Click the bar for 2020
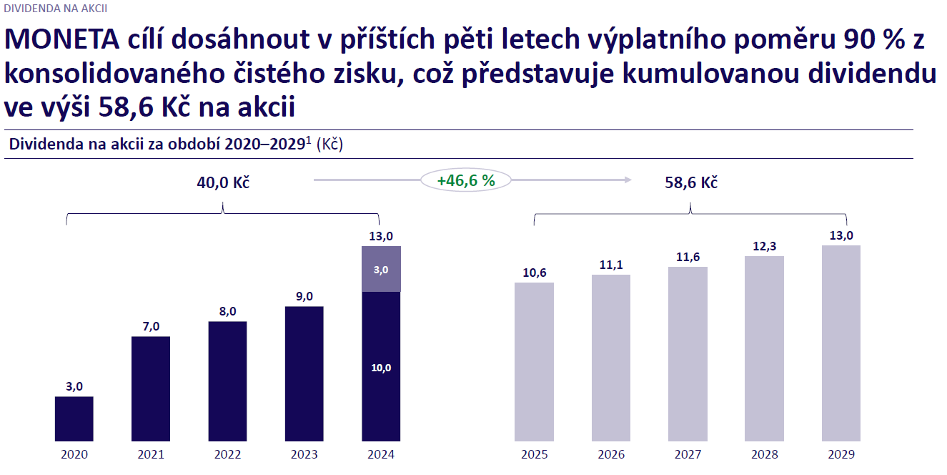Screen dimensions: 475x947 74,418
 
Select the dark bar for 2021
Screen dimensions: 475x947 151,388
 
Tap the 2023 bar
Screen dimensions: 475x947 304,373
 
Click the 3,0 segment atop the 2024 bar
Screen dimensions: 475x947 381,269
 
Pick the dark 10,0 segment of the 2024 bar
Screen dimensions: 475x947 381,366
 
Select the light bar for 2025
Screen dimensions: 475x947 534,362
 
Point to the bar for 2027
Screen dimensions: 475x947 688,354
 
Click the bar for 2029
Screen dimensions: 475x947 841,343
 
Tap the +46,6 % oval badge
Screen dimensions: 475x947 466,180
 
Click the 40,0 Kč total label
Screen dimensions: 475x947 223,182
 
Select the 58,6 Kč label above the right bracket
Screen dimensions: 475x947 691,182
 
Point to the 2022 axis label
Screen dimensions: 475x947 227,454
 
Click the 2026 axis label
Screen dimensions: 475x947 611,454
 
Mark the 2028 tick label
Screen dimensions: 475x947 764,454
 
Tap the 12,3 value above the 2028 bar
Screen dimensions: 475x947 764,246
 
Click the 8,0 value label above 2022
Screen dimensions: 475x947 227,311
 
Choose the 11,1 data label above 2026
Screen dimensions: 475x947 611,265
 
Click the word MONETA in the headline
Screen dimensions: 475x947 61,41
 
